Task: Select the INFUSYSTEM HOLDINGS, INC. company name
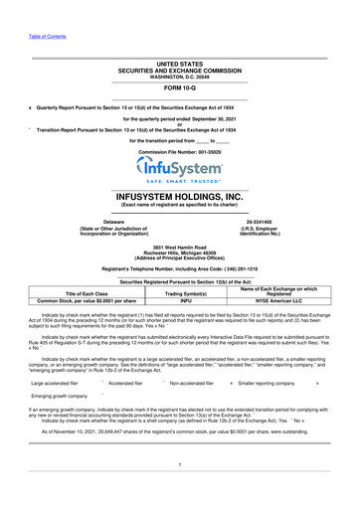tap(179, 198)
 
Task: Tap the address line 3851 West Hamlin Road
tap(179, 245)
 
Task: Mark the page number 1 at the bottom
tap(179, 460)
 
